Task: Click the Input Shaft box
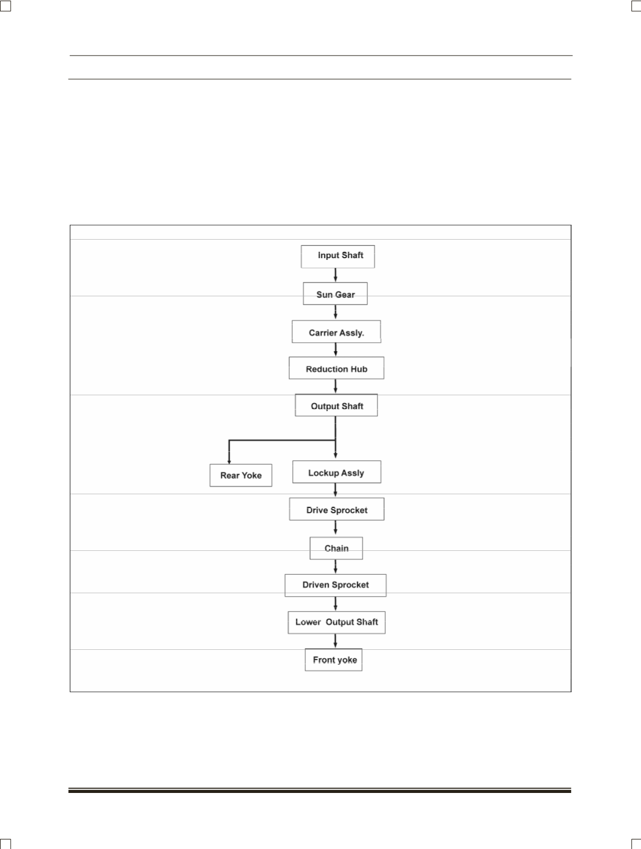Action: point(337,256)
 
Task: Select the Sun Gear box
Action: point(335,293)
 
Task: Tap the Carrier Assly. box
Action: point(336,331)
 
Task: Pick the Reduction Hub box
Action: point(336,368)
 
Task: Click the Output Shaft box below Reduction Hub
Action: point(336,405)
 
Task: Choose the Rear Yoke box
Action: point(241,475)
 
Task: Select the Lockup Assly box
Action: point(336,472)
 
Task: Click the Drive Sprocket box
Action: point(336,509)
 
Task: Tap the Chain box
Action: point(336,548)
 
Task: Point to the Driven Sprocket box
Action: point(335,585)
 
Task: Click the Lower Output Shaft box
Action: point(336,622)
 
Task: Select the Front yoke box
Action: point(333,660)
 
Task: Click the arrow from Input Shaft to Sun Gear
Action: point(335,275)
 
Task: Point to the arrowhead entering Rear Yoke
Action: point(229,461)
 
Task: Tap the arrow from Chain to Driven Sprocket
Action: point(335,566)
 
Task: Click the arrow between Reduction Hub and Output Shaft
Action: point(335,386)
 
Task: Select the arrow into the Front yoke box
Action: point(335,641)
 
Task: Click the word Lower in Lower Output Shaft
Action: point(308,622)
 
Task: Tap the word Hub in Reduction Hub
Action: point(358,369)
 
